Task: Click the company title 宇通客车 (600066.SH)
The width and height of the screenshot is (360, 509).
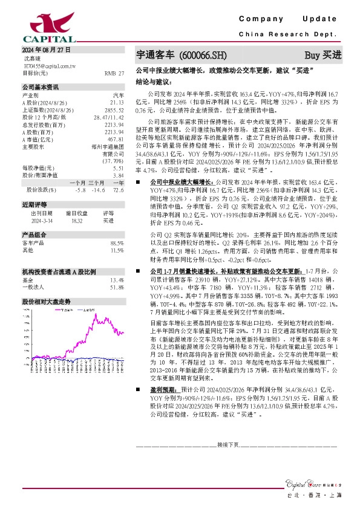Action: [182, 55]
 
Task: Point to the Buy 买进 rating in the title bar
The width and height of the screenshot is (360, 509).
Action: [322, 55]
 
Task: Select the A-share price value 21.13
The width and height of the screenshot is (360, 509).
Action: [117, 103]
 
